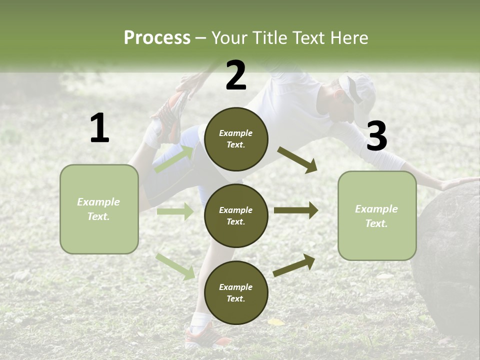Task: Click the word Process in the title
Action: click(x=157, y=38)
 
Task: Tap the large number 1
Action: click(x=99, y=128)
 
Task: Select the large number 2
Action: click(x=235, y=75)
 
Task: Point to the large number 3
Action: click(x=376, y=136)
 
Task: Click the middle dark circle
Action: click(x=236, y=215)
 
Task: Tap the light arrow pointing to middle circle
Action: click(x=175, y=211)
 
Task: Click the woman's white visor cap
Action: click(x=359, y=92)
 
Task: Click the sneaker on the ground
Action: click(x=202, y=335)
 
